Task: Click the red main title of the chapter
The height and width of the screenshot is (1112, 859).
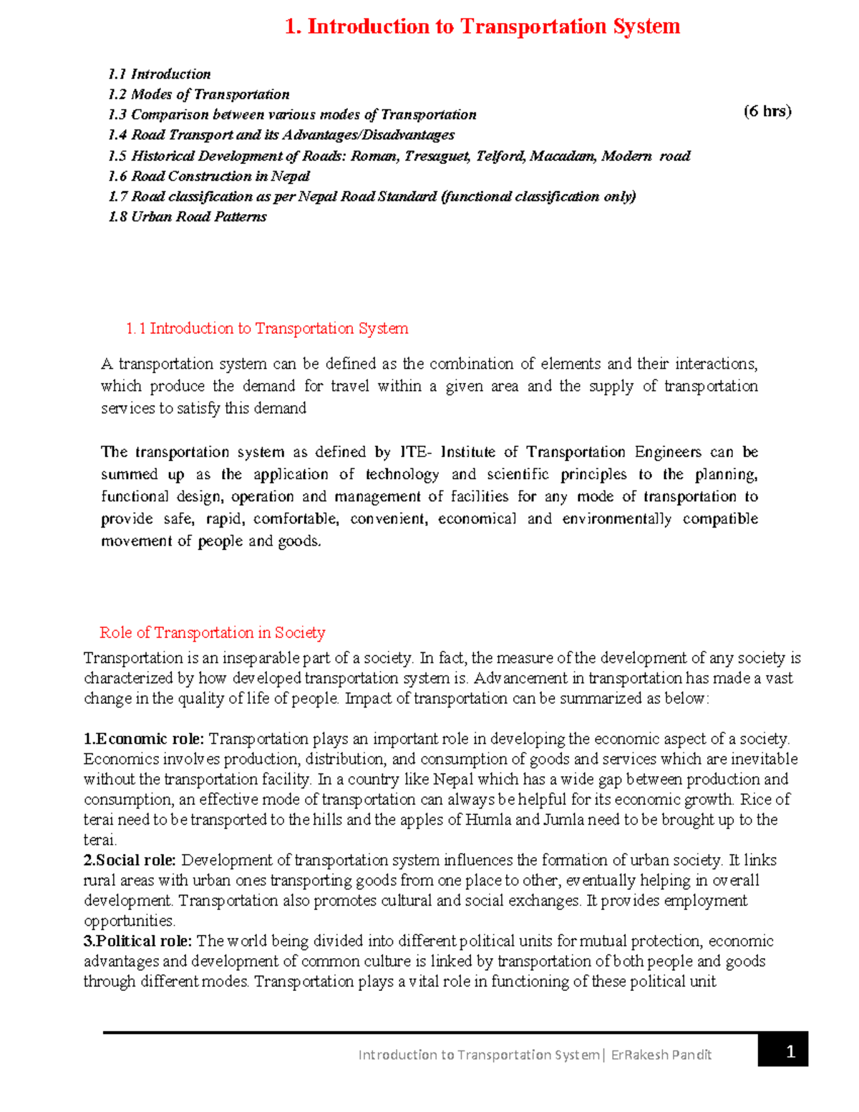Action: (482, 26)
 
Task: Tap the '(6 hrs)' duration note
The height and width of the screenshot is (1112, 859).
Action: (767, 111)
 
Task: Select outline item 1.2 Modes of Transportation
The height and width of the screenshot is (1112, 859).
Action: (199, 95)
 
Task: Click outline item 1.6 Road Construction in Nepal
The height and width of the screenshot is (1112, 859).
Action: (209, 176)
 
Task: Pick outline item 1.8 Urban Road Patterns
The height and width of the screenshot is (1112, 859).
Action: (188, 217)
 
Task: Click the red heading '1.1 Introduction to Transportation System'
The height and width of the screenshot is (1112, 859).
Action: (266, 329)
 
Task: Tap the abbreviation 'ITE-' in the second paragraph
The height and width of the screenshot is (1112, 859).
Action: (416, 453)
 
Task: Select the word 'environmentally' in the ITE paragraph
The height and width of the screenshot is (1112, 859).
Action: (616, 519)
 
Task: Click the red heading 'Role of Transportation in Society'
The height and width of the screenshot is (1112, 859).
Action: (213, 633)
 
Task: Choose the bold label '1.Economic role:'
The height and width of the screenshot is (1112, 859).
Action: (144, 739)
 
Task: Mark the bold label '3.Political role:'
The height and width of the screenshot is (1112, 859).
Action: (137, 941)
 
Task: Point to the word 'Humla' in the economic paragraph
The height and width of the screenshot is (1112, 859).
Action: (487, 820)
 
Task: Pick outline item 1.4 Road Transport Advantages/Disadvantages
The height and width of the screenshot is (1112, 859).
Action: (281, 135)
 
